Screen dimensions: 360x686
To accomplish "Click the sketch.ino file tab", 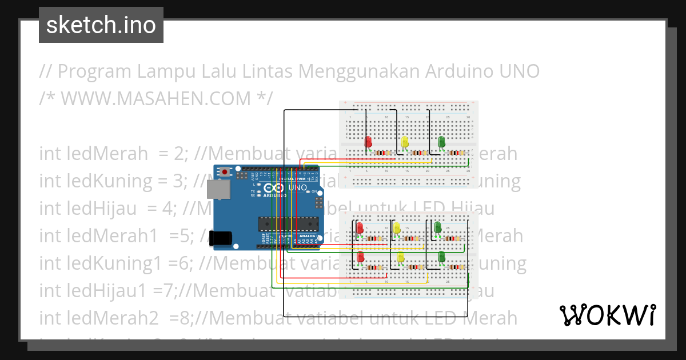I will coord(101,25).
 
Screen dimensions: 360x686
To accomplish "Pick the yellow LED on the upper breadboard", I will coord(405,142).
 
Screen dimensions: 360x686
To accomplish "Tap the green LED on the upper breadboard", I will coord(441,142).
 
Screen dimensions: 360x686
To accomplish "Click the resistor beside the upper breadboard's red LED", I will coord(381,153).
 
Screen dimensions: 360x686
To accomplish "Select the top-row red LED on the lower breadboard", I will coord(360,229).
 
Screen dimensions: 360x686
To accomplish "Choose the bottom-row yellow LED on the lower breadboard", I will coord(401,258).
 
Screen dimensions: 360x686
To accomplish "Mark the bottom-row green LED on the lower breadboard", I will coord(441,257).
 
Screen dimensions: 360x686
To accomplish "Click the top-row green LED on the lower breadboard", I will coord(437,227).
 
